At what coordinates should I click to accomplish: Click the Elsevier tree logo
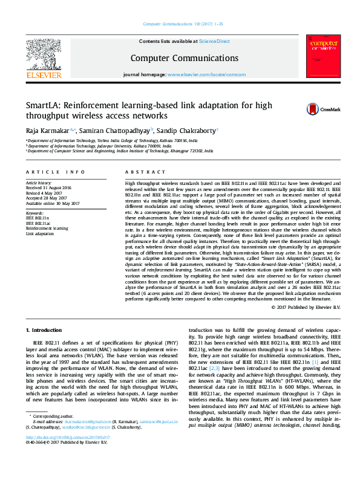[44, 54]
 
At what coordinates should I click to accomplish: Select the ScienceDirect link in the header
[215, 42]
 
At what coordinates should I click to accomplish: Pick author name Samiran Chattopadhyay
[123, 130]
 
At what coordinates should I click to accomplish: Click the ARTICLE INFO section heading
[55, 172]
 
